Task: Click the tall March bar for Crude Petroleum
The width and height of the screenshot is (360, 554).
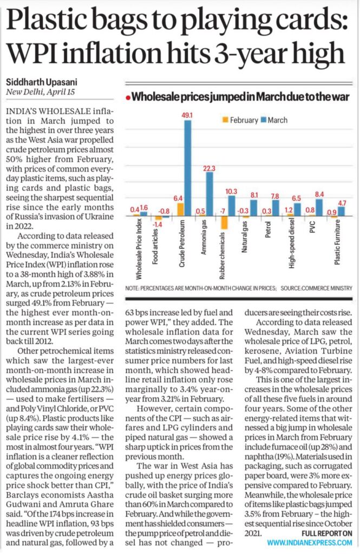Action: tap(187, 168)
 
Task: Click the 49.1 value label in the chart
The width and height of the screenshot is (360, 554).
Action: tap(187, 115)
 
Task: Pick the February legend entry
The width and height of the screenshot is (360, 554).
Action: tap(238, 120)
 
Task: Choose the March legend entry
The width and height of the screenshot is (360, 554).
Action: tap(274, 120)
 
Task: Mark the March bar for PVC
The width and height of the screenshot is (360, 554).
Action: tap(319, 207)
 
